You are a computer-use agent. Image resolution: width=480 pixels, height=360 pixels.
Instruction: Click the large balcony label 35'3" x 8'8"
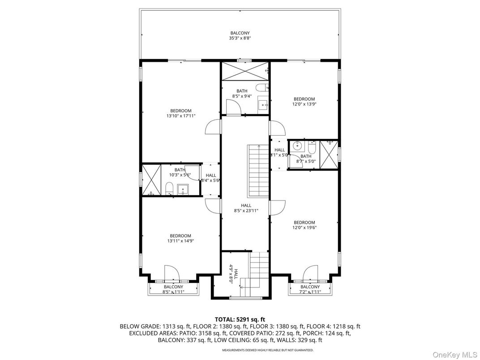[x=240, y=36]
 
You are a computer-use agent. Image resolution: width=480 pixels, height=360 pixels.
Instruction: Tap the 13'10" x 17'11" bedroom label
[x=181, y=113]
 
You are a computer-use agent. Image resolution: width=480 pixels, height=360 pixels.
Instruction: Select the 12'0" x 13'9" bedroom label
[x=304, y=102]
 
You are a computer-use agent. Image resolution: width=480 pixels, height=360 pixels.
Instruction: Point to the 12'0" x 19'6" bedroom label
[x=304, y=225]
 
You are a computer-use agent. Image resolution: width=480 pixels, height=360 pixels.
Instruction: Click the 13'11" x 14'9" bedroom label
[x=180, y=238]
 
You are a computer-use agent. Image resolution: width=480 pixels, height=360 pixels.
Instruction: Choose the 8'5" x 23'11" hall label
[x=246, y=208]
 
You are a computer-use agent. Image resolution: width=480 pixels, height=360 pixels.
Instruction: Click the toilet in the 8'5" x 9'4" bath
[x=262, y=88]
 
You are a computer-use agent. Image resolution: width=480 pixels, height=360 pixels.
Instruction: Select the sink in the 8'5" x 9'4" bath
[x=262, y=105]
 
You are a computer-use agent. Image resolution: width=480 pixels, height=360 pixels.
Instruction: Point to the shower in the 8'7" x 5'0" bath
[x=329, y=154]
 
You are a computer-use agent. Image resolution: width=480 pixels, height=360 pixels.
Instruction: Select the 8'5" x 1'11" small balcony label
[x=173, y=289]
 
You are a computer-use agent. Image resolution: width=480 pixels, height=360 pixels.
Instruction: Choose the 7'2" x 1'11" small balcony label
[x=310, y=289]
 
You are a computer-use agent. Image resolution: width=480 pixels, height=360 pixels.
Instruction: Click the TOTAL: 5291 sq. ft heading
[x=240, y=319]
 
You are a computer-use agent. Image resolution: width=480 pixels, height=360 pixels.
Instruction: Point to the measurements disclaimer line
[x=240, y=350]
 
